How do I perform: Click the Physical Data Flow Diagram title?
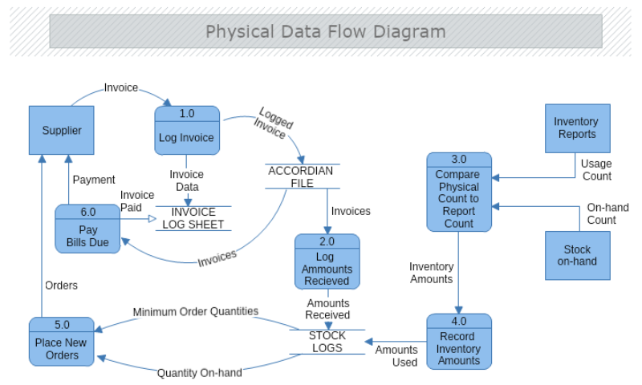[x=325, y=31]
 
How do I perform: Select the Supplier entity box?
[x=62, y=130]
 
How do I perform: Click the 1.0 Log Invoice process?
[x=186, y=131]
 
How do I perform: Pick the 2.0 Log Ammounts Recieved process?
[x=327, y=262]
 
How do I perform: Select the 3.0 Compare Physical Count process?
[x=458, y=192]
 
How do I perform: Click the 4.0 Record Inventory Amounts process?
[x=458, y=342]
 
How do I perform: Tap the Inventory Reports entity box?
[x=576, y=128]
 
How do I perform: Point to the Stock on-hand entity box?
[x=577, y=255]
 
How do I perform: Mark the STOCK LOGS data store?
[x=327, y=342]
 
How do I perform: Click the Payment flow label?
[x=94, y=180]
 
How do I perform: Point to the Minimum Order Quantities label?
[x=196, y=311]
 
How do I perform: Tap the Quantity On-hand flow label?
[x=199, y=373]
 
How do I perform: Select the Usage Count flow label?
[x=595, y=170]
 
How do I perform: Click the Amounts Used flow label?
[x=396, y=356]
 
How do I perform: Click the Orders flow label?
[x=61, y=285]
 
